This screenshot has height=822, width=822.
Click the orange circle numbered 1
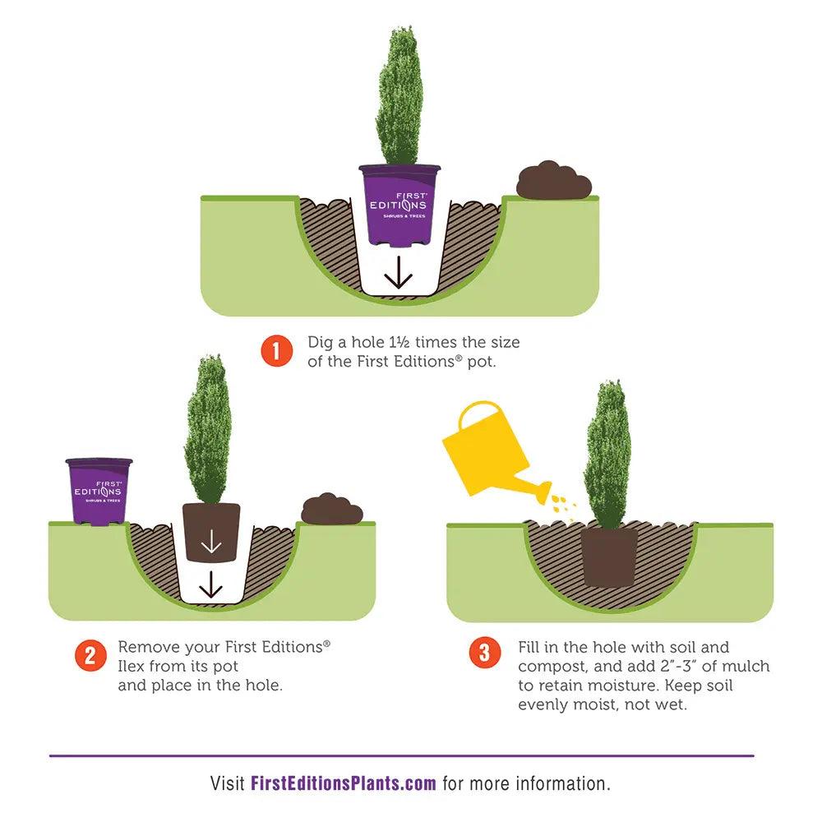(277, 351)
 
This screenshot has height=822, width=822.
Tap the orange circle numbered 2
(90, 655)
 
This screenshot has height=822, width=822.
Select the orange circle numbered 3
(485, 652)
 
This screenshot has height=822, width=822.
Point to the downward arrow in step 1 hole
(399, 273)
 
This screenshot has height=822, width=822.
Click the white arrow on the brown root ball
(210, 541)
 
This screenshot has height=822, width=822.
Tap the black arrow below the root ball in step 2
(210, 584)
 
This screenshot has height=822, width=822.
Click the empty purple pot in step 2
(99, 492)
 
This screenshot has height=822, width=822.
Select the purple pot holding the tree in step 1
(399, 205)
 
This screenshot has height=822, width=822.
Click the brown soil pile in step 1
(554, 181)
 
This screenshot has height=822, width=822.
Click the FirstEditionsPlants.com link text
(344, 783)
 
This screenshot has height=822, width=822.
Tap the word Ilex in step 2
(131, 666)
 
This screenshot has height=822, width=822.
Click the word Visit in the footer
(227, 783)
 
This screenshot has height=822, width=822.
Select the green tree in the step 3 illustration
(607, 454)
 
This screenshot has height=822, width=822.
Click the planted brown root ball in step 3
(609, 556)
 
